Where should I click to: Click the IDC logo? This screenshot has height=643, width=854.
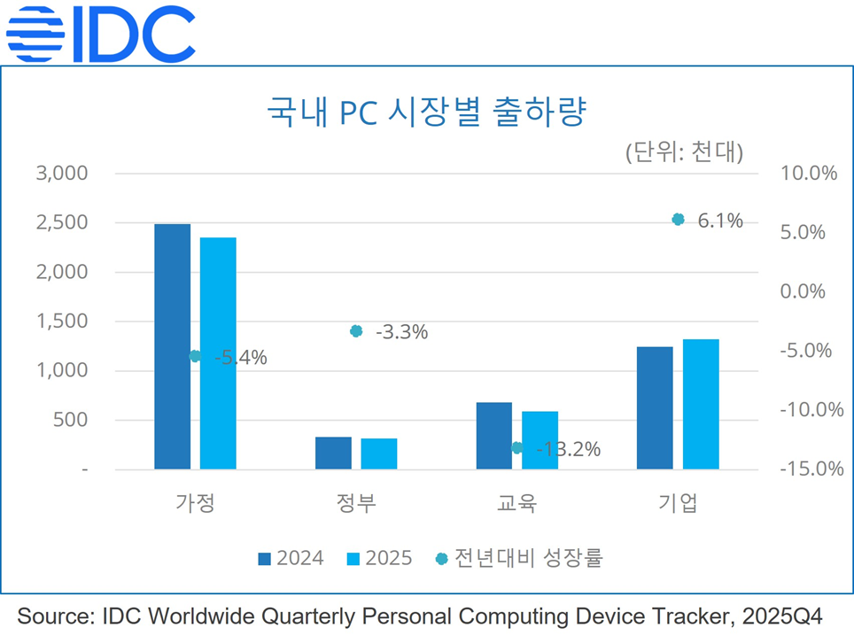[x=100, y=33]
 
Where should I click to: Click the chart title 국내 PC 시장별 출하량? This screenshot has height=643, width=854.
[x=428, y=115]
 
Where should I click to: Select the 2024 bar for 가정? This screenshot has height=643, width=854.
[x=172, y=346]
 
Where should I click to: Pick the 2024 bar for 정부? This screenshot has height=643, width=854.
[x=333, y=453]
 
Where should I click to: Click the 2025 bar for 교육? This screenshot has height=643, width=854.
[x=540, y=440]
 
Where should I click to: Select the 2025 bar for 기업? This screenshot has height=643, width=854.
[x=701, y=404]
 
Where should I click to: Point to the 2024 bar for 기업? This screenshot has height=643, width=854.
[x=655, y=407]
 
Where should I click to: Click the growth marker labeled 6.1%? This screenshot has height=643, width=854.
[x=679, y=220]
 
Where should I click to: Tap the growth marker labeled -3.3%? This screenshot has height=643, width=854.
[x=356, y=331]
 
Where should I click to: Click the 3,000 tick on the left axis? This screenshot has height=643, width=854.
[x=61, y=174]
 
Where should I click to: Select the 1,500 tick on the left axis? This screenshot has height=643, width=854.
[x=61, y=321]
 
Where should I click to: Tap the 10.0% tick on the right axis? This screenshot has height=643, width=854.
[x=808, y=174]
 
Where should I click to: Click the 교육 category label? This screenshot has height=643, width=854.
[x=516, y=504]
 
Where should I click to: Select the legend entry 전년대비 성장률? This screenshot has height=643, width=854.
[x=518, y=558]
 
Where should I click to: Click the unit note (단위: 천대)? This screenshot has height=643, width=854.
[x=683, y=151]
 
